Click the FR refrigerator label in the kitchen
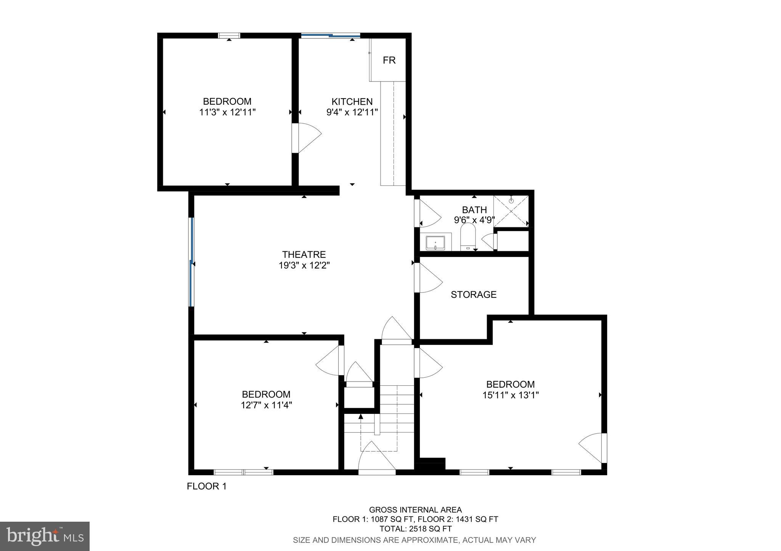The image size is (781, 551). click(x=389, y=60)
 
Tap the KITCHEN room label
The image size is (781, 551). click(x=352, y=102)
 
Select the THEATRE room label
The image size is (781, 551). click(x=304, y=254)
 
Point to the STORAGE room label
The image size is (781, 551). click(x=474, y=294)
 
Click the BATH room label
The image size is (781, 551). click(x=474, y=210)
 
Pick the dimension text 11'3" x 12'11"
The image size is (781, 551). click(x=227, y=112)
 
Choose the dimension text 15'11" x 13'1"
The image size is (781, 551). click(x=510, y=395)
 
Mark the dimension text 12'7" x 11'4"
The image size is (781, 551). click(x=266, y=405)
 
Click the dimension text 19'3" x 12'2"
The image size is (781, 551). click(x=304, y=265)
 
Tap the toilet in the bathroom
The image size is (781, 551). click(x=468, y=237)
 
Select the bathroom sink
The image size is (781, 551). click(x=435, y=243)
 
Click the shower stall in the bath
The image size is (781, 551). click(x=511, y=211)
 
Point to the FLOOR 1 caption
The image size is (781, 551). click(x=207, y=486)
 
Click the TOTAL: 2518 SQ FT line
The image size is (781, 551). click(x=415, y=529)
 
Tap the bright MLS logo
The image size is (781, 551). click(x=45, y=536)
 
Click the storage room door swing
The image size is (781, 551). click(x=429, y=278)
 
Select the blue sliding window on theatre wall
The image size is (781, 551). click(x=192, y=262)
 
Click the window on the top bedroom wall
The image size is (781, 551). click(x=229, y=36)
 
